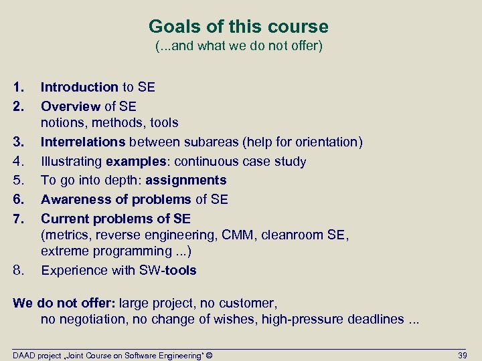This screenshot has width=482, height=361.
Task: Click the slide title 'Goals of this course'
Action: [238, 27]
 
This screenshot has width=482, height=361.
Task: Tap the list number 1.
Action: [17, 87]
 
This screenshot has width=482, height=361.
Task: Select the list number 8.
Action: [17, 271]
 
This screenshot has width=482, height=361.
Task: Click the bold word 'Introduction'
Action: [79, 87]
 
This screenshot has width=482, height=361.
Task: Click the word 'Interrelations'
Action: [83, 142]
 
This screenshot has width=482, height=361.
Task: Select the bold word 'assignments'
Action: [185, 180]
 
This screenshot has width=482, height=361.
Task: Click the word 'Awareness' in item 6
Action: [73, 199]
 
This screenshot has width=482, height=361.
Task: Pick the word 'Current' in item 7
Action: [64, 219]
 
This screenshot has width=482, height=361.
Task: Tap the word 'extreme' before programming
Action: [64, 251]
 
